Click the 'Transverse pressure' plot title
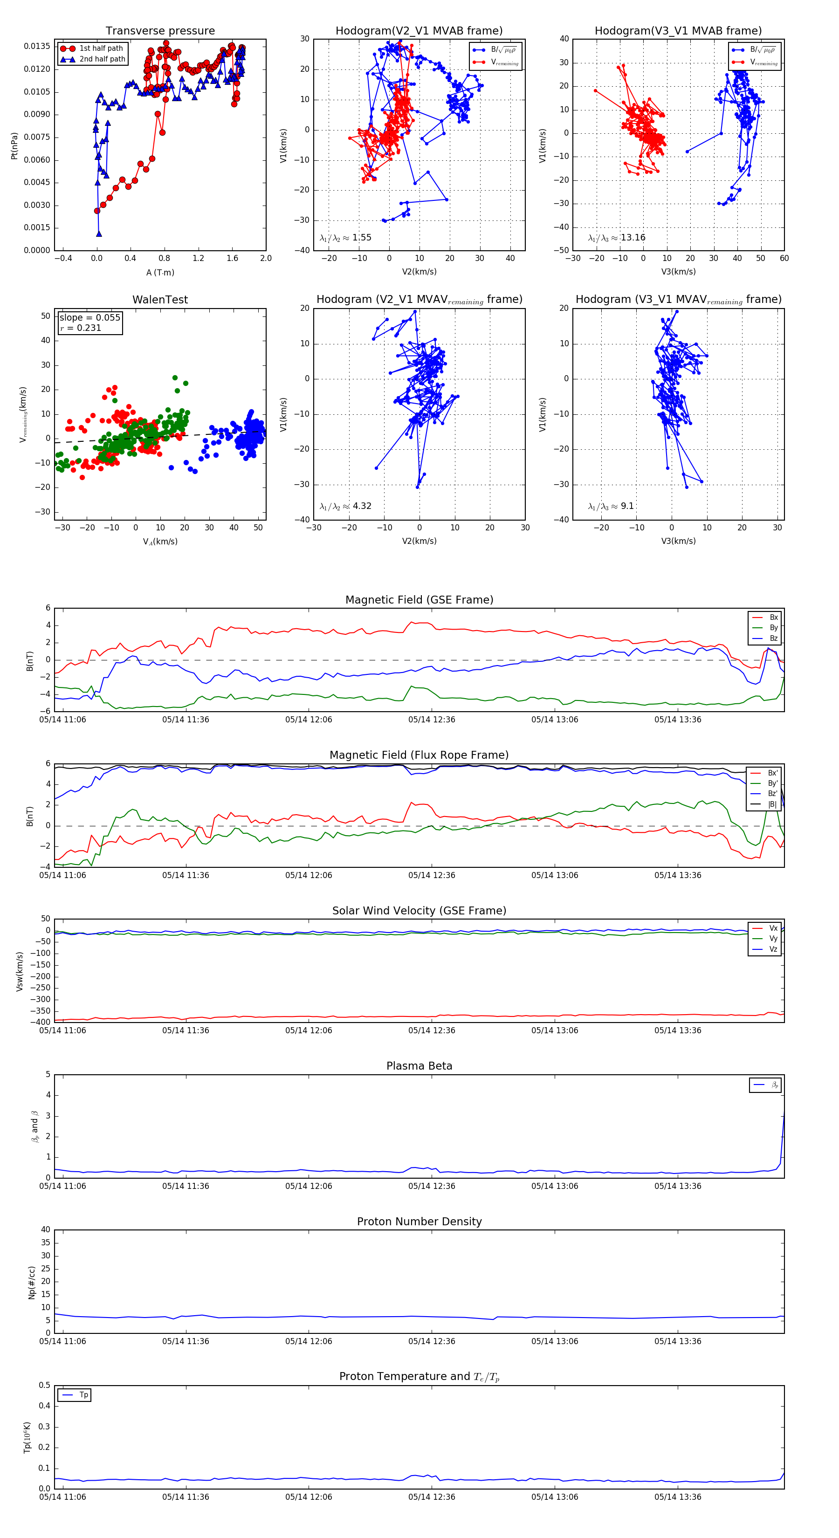[160, 31]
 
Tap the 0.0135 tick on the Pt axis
[37, 47]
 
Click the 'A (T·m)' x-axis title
[160, 272]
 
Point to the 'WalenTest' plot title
[160, 300]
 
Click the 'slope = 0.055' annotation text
[89, 318]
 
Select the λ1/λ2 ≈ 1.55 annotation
[345, 238]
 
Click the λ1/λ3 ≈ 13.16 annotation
[616, 238]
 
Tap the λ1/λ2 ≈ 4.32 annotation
[345, 506]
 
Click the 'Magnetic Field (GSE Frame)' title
[419, 600]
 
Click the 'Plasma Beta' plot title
[419, 1066]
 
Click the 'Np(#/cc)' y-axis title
[32, 1283]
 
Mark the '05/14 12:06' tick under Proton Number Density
[309, 1342]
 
